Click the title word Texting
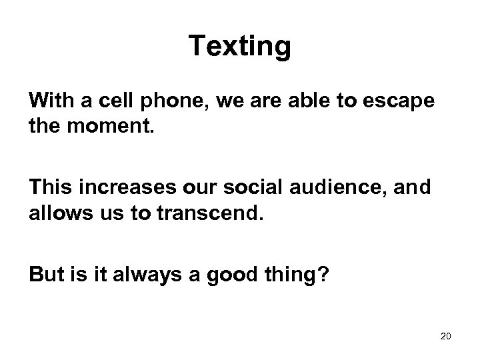click(x=239, y=47)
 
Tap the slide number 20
click(x=446, y=335)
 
